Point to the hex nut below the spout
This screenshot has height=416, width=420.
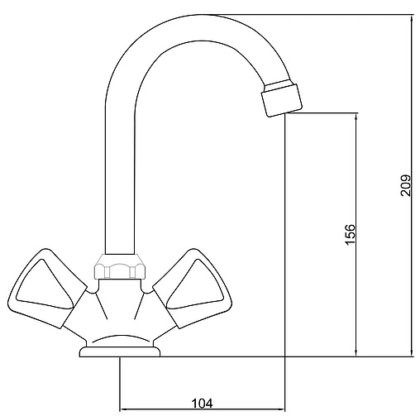tap(117, 268)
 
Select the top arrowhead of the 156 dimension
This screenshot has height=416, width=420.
tap(356, 117)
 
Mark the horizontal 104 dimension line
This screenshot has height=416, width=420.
tap(165, 409)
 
